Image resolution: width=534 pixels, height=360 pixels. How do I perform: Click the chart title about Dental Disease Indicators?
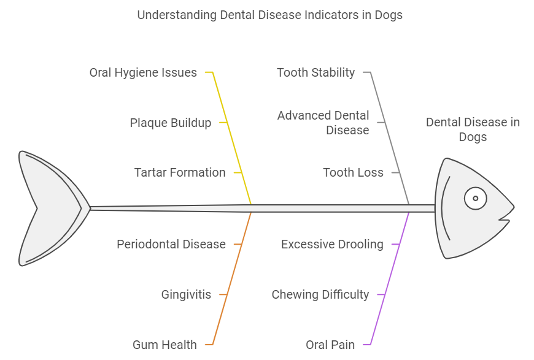coord(269,15)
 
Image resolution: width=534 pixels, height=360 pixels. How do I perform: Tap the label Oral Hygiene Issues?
coord(143,73)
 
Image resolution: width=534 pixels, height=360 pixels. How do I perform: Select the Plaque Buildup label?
coord(170,123)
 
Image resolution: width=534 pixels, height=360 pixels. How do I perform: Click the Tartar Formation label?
coord(180,172)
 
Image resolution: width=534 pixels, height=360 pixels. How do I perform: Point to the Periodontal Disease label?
coord(171,244)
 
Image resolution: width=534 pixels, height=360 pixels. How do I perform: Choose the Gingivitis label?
coord(186,294)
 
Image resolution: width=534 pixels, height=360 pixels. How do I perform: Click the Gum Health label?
coord(164,345)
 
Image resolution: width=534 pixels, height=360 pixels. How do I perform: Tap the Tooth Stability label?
coord(315,73)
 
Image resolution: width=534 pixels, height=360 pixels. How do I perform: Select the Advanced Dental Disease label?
coord(323,123)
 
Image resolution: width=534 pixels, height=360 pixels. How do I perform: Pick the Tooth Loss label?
coord(353,172)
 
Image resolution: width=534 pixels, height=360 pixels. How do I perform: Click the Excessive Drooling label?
coord(332,244)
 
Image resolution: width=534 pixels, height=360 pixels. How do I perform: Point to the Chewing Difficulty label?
coord(320,294)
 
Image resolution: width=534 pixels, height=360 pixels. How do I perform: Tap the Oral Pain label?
coord(330,345)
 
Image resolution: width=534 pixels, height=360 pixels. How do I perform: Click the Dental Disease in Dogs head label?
coord(473,129)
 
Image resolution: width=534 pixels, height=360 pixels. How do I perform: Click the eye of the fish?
coord(475,198)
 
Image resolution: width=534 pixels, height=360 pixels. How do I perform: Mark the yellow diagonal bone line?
coord(233,141)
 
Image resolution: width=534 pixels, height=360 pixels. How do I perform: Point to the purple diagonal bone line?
coord(390,276)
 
